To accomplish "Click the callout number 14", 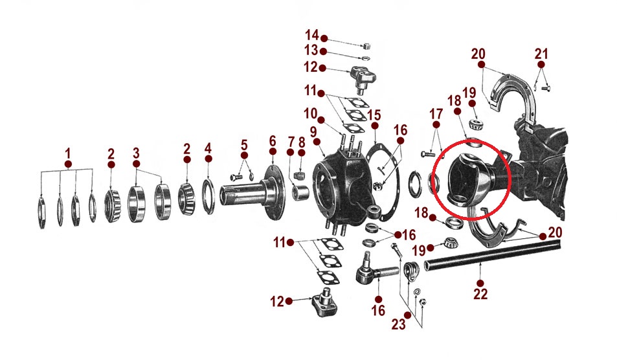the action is (x=311, y=35).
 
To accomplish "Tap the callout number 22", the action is (x=480, y=295).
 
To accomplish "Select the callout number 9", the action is (x=313, y=132).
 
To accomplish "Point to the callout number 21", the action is (x=541, y=54).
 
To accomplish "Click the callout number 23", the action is (x=398, y=324).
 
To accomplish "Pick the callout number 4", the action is (x=208, y=148).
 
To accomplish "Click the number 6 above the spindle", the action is (x=273, y=141).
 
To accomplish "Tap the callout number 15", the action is (x=374, y=115).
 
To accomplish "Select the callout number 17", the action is (x=436, y=114).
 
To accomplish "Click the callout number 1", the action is (x=68, y=153).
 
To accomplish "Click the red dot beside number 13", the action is (x=324, y=52).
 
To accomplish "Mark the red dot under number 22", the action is (x=480, y=283).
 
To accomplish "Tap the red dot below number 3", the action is (x=136, y=164).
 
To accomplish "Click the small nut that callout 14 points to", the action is (x=366, y=47).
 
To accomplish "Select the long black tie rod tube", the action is (x=493, y=256).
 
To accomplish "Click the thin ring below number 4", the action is (x=208, y=197).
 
